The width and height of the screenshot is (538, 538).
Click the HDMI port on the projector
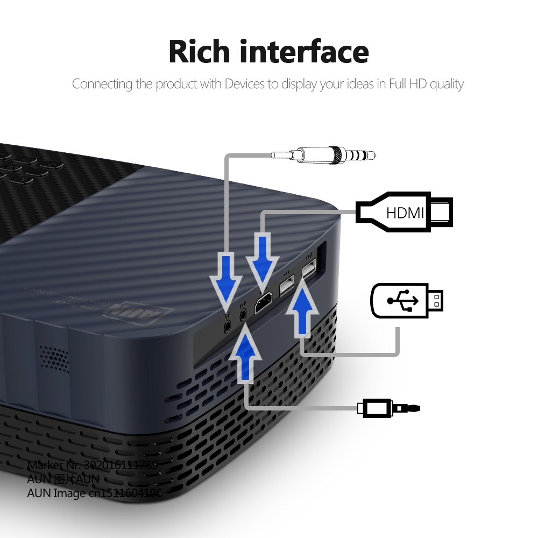264,305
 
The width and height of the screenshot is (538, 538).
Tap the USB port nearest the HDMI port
286,286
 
